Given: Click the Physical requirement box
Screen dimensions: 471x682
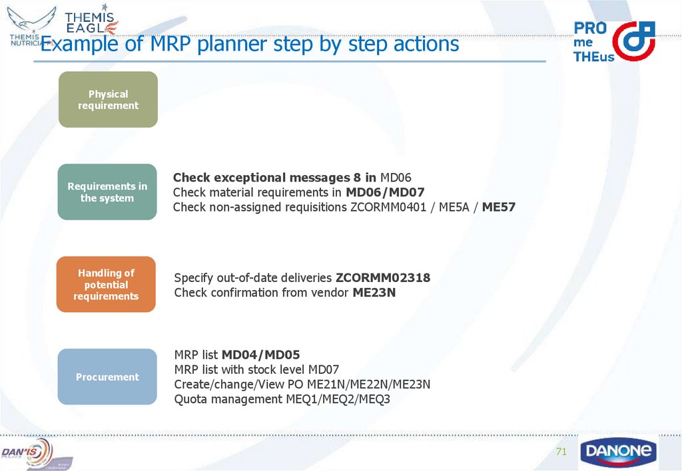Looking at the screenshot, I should (108, 100).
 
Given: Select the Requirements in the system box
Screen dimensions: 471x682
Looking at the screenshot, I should (107, 192).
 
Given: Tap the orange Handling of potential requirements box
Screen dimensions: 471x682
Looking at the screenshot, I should (106, 285).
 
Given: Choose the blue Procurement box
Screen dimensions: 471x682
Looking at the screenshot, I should (107, 377).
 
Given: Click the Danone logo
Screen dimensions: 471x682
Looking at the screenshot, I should (618, 452).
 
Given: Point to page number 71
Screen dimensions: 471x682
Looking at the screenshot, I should (561, 452).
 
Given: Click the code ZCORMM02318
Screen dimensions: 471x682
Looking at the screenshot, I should (383, 278).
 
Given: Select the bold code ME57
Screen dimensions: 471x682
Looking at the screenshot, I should (499, 208).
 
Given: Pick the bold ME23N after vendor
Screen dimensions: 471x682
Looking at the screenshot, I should (374, 293).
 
